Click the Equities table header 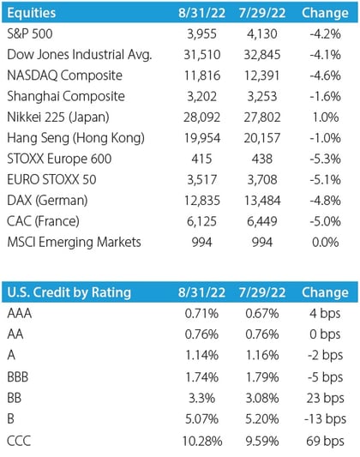pyautogui.click(x=31, y=13)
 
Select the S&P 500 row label pyautogui.click(x=30, y=33)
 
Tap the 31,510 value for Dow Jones pyautogui.click(x=201, y=55)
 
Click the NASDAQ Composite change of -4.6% pyautogui.click(x=325, y=75)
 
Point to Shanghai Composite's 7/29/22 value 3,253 pyautogui.click(x=262, y=97)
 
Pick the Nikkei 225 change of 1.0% pyautogui.click(x=326, y=117)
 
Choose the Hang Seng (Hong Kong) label pyautogui.click(x=75, y=138)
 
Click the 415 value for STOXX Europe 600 pyautogui.click(x=201, y=159)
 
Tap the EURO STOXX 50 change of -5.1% pyautogui.click(x=325, y=179)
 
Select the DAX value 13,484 pyautogui.click(x=262, y=201)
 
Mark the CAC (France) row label pyautogui.click(x=43, y=221)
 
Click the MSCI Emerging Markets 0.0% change pyautogui.click(x=326, y=242)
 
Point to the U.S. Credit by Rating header pyautogui.click(x=69, y=292)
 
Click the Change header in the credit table pyautogui.click(x=325, y=292)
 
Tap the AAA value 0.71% pyautogui.click(x=201, y=314)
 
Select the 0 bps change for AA pyautogui.click(x=325, y=334)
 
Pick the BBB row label pyautogui.click(x=18, y=377)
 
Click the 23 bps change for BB pyautogui.click(x=326, y=398)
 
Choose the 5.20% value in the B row pyautogui.click(x=262, y=419)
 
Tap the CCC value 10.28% pyautogui.click(x=201, y=442)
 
